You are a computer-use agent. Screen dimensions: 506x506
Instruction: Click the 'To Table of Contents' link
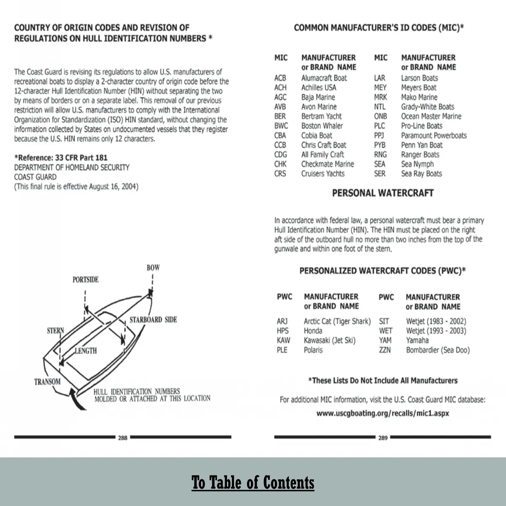point(253,482)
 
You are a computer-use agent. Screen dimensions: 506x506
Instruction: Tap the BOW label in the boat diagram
point(153,268)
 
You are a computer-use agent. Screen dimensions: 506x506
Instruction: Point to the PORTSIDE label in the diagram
point(85,279)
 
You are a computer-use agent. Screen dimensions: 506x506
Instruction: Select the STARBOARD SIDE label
point(153,319)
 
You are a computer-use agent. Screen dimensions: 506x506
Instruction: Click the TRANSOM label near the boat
point(47,382)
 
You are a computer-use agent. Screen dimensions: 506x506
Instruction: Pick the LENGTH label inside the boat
point(86,350)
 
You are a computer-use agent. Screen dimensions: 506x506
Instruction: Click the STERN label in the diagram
point(55,330)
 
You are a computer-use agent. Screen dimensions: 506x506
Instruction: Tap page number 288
point(123,438)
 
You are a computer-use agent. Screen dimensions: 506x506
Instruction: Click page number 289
point(382,438)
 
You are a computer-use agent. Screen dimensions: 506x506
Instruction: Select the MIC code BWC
point(281,126)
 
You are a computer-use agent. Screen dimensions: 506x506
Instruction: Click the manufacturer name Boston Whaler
point(322,126)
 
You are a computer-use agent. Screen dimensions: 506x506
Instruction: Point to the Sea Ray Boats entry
point(421,173)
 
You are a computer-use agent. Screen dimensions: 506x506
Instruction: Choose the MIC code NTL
point(379,107)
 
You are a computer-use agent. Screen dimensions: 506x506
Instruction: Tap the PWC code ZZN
point(385,350)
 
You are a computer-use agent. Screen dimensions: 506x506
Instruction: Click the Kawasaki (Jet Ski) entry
point(329,340)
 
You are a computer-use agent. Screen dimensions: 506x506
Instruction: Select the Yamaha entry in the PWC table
point(417,340)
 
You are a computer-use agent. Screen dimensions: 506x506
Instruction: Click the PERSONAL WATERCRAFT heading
point(382,193)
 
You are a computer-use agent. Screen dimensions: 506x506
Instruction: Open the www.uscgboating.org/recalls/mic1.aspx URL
point(382,413)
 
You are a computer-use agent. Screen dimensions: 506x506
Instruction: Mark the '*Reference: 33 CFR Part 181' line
point(61,158)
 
